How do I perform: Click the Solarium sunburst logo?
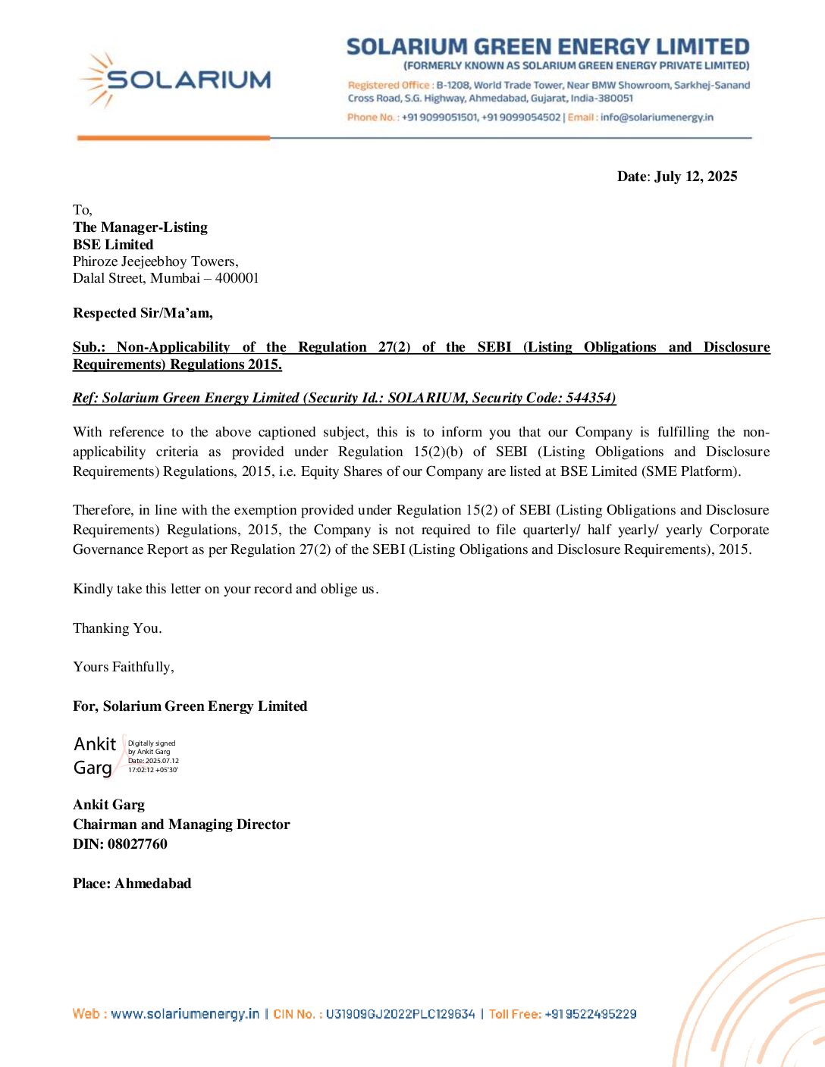coord(96,80)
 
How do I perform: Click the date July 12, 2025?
coord(695,177)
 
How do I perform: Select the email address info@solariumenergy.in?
coord(657,117)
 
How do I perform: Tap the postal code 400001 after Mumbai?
coord(237,278)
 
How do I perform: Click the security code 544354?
coord(589,398)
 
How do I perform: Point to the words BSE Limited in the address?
coord(113,245)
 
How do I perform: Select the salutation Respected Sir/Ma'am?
coord(143,313)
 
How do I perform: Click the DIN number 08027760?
coord(137,844)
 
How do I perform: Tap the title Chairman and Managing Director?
coord(181,824)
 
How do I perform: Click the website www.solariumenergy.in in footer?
coord(185,1014)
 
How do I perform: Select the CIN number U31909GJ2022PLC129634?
coord(400,1014)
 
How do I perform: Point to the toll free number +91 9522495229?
coord(590,1014)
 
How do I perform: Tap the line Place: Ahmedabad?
coord(132,884)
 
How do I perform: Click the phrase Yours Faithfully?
coord(124,667)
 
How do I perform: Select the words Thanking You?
coord(118,628)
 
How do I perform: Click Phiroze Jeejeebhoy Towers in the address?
coord(155,261)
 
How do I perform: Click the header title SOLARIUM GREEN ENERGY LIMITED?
coord(547,47)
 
